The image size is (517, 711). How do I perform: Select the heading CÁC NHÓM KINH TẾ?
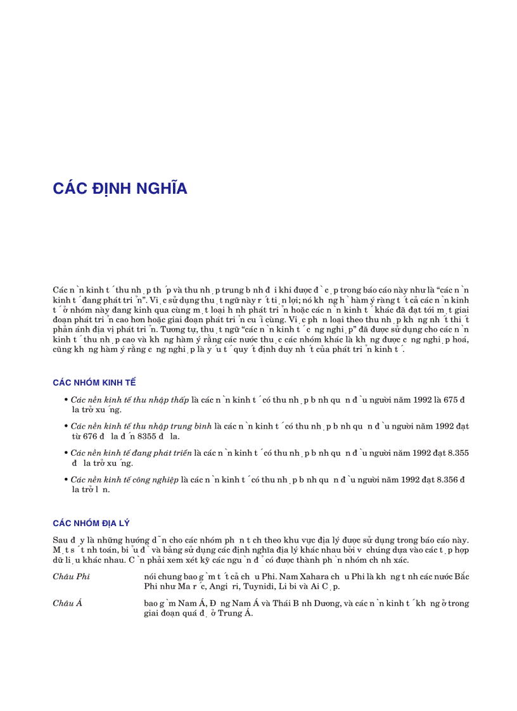(x=94, y=382)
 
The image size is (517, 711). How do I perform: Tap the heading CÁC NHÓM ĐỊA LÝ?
(x=91, y=523)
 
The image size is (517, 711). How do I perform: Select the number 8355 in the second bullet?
(x=147, y=436)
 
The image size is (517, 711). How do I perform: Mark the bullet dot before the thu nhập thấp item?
(x=66, y=400)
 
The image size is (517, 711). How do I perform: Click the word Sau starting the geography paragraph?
(x=60, y=540)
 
